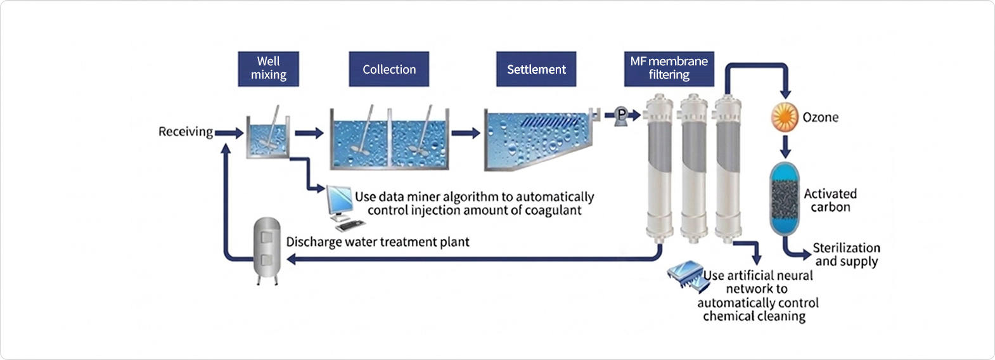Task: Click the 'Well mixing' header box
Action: [268, 68]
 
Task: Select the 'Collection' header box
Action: [388, 69]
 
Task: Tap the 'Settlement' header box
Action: [536, 69]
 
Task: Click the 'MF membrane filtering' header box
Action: [669, 68]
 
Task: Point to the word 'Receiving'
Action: [185, 132]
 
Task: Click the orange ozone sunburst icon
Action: [785, 117]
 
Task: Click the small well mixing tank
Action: [268, 138]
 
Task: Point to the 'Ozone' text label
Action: [820, 117]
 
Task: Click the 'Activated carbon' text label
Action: [830, 200]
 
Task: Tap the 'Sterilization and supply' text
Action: [846, 254]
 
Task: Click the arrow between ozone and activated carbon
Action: [785, 148]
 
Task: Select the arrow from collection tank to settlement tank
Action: [466, 133]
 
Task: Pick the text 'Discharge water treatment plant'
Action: [378, 242]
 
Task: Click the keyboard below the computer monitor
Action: [350, 225]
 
